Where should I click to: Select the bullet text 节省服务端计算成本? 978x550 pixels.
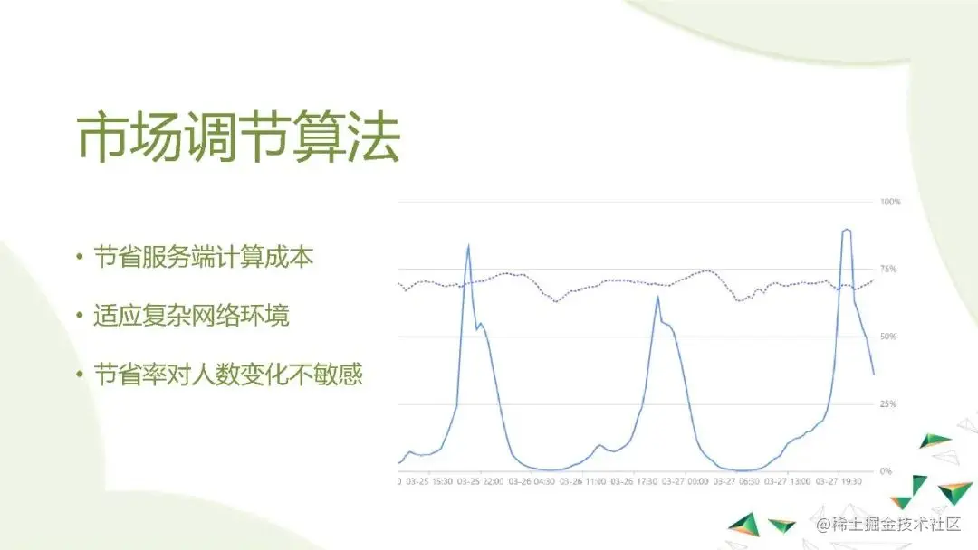click(204, 258)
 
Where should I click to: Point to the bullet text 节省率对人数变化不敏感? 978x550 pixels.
click(228, 375)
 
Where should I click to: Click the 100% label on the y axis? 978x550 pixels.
click(890, 202)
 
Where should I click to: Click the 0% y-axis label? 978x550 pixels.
click(887, 471)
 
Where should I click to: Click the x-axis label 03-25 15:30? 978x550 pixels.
click(429, 482)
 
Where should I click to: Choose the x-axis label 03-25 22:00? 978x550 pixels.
click(481, 482)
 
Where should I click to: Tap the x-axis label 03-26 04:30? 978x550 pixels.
click(532, 482)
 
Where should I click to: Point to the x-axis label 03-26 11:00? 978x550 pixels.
click(583, 482)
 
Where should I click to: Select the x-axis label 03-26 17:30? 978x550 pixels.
click(634, 482)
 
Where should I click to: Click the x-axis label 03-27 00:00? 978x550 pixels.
click(686, 482)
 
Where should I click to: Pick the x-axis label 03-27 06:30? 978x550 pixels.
click(736, 482)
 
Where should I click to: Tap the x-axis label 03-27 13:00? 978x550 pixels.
click(788, 482)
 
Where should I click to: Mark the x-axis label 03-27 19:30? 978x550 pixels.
click(839, 482)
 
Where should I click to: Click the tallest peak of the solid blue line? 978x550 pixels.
click(846, 230)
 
